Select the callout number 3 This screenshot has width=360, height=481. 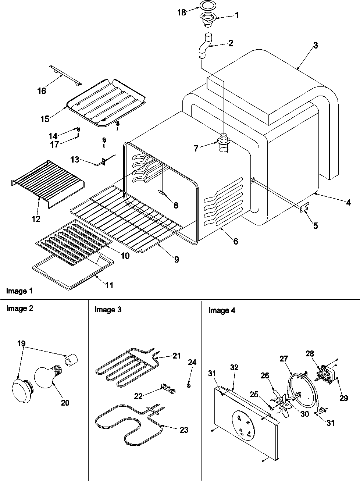[x=315, y=45]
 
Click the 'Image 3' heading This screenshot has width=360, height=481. [x=108, y=310]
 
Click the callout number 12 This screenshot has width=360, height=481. [x=36, y=219]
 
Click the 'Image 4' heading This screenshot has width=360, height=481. [x=222, y=310]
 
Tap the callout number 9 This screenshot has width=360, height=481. [x=176, y=259]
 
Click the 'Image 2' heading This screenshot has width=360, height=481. [x=20, y=309]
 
